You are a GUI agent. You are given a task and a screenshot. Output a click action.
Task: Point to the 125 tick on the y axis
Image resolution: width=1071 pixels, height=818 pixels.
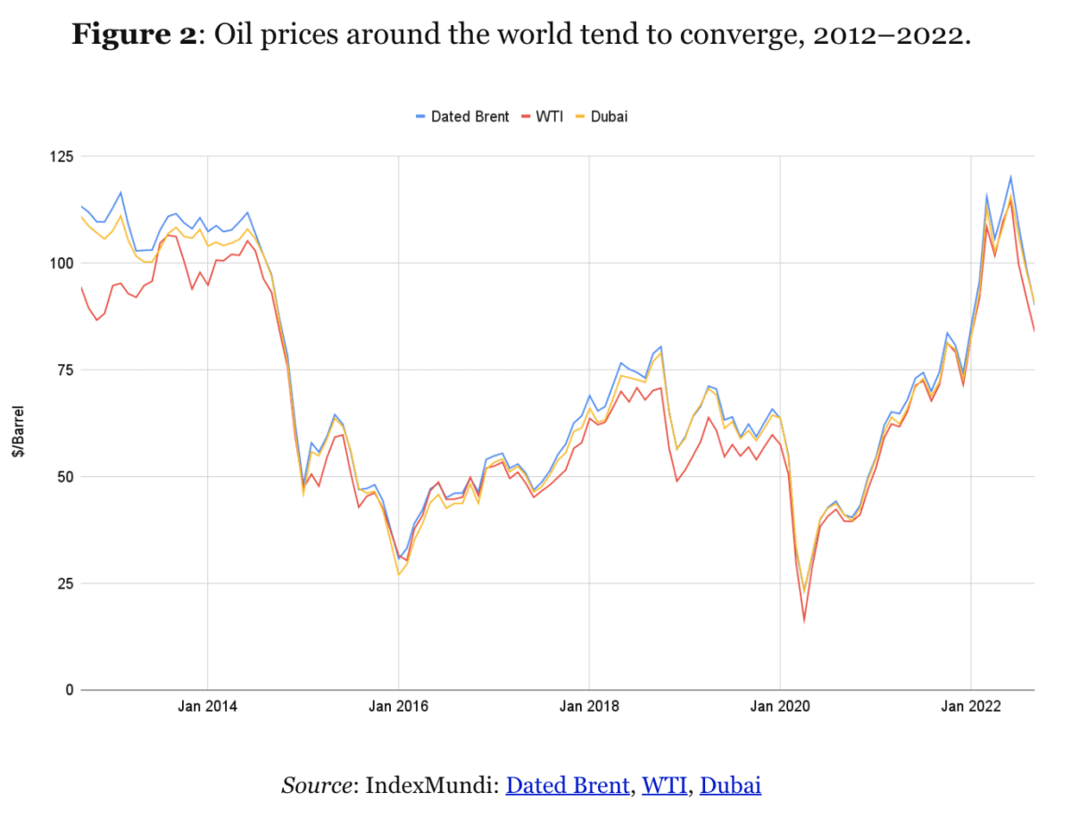pyautogui.click(x=60, y=157)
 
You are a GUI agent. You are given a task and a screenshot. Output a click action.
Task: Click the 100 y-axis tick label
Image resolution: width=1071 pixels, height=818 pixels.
pyautogui.click(x=60, y=263)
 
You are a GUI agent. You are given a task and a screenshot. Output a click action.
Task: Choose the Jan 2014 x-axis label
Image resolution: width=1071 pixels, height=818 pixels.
pyautogui.click(x=207, y=707)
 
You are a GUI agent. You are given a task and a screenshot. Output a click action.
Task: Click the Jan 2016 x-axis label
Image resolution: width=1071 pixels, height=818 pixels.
pyautogui.click(x=398, y=707)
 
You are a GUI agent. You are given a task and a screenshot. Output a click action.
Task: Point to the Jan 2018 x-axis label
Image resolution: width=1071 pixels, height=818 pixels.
pyautogui.click(x=589, y=707)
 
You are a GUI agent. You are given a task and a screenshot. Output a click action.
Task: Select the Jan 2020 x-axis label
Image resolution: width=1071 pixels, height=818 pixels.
pyautogui.click(x=780, y=707)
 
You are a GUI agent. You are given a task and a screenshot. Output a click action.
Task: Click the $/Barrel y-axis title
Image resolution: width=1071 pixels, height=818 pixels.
pyautogui.click(x=17, y=432)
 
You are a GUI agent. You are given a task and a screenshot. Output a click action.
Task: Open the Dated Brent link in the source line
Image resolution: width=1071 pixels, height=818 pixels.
pyautogui.click(x=568, y=786)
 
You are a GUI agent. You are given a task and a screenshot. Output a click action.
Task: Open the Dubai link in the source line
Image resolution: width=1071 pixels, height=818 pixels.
pyautogui.click(x=730, y=786)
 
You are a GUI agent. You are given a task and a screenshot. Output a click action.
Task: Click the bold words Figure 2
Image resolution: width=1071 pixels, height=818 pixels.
pyautogui.click(x=133, y=36)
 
